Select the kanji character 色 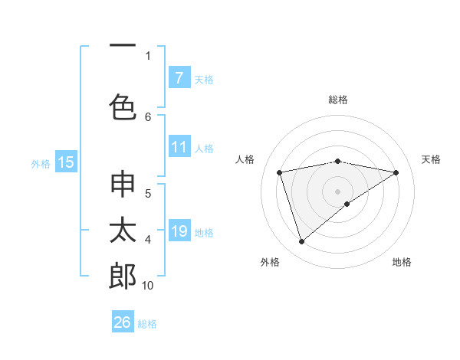[123, 106]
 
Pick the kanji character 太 [123, 231]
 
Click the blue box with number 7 [179, 78]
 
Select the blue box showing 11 [179, 147]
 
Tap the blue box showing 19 [179, 231]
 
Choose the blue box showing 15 [66, 162]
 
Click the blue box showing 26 [123, 322]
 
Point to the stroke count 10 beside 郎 [148, 286]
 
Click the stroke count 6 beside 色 [148, 116]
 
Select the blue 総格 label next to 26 [147, 324]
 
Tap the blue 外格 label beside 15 [41, 163]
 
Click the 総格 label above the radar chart [338, 100]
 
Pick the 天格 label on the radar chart [432, 159]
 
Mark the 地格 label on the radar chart [402, 262]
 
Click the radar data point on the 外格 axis [301, 242]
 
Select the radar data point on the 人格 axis [279, 172]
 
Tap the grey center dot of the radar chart [337, 191]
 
